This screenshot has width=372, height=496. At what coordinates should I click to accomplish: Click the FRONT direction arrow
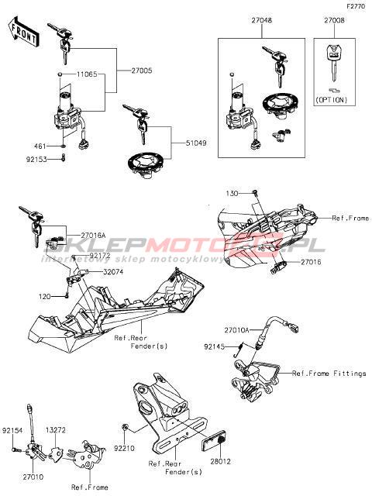tap(23, 32)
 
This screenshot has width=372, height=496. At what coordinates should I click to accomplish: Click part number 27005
tap(141, 71)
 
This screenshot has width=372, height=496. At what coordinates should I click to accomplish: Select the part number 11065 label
tap(87, 74)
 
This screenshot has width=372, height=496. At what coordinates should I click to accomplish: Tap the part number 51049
tap(196, 143)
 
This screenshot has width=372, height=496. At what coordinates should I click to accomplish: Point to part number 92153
tap(36, 160)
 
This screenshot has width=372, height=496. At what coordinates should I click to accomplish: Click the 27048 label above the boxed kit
tap(262, 21)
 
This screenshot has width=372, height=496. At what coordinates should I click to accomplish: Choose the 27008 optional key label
tap(334, 21)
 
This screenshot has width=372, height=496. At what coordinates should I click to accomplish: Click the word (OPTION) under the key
tap(331, 100)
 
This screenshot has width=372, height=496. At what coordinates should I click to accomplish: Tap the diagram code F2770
tap(356, 7)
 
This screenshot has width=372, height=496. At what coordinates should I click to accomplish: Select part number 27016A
tap(93, 236)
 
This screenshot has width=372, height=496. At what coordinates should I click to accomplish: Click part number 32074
tap(113, 272)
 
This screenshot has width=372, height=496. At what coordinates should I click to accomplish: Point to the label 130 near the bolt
tap(232, 193)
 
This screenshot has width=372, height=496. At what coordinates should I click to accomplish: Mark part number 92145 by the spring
tap(215, 346)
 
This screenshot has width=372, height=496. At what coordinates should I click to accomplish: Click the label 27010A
tap(237, 330)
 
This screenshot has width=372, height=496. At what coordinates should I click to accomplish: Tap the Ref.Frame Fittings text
tap(329, 374)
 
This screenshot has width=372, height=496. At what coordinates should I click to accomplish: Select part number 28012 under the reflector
tap(220, 462)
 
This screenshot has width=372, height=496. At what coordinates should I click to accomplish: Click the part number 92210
tap(124, 449)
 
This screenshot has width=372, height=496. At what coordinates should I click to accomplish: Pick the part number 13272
tap(56, 430)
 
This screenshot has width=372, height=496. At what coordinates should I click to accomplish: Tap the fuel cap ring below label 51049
tap(146, 165)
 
